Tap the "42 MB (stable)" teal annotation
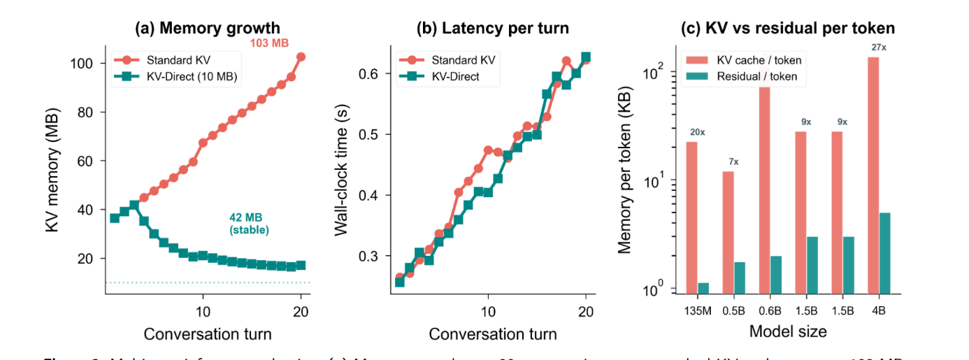pos(250,223)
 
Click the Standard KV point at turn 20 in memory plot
pos(301,57)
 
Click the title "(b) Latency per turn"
pos(493,29)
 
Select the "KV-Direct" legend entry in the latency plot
pos(455,77)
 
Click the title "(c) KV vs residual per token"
pos(788,29)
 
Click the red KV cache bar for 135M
pos(691,217)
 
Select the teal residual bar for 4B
pos(884,252)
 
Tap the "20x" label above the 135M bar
pos(697,132)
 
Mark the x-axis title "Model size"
pos(788,331)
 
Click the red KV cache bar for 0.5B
pos(728,231)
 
